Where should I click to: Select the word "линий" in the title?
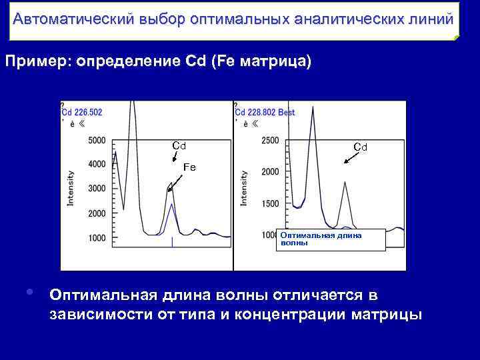[433, 18]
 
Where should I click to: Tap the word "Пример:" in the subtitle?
[38, 62]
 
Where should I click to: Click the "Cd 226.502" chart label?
[82, 113]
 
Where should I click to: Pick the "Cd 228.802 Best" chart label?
[265, 113]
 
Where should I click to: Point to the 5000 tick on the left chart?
[97, 140]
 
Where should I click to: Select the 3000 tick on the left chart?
[97, 189]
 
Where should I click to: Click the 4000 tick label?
[97, 165]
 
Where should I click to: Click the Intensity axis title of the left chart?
[71, 188]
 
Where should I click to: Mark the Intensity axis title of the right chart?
[244, 188]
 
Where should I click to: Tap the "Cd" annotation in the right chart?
[360, 147]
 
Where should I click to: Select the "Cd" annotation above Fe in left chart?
[179, 145]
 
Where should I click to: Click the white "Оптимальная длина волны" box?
[331, 239]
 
